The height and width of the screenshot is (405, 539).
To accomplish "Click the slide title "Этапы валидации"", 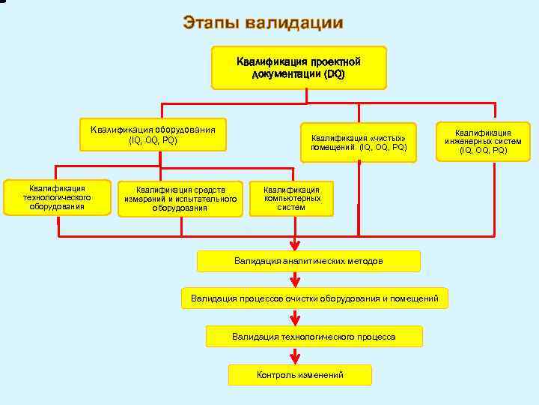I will (x=263, y=22).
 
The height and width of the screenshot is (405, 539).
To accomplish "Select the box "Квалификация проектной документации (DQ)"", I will (x=299, y=67).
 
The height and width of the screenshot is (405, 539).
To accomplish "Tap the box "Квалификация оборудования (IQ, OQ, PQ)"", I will (x=153, y=134).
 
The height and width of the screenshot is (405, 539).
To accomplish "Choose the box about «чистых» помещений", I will (x=359, y=142).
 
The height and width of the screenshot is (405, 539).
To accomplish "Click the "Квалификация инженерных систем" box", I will (x=483, y=140).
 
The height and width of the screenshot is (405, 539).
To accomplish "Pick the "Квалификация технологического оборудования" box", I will (x=57, y=197).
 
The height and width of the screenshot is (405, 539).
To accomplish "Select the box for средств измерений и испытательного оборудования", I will (x=180, y=199).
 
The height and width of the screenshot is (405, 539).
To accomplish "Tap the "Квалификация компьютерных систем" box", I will (x=291, y=198).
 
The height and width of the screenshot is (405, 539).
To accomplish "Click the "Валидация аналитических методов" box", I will (x=308, y=261).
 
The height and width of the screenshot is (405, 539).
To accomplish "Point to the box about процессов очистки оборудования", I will (x=314, y=298).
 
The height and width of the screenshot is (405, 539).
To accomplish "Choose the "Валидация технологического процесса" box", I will (x=314, y=337).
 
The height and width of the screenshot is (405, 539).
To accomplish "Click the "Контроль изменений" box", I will (x=299, y=374).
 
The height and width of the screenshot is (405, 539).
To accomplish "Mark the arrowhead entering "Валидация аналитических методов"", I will (x=295, y=244).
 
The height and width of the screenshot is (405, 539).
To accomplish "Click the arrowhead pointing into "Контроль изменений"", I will (x=295, y=358).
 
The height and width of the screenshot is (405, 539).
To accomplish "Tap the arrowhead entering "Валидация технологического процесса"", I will (x=295, y=320).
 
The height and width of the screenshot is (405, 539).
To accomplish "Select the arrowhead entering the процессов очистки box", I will (x=295, y=282).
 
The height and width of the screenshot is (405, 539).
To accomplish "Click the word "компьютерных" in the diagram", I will (x=292, y=198).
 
